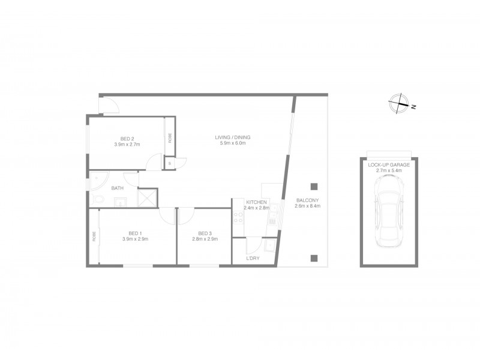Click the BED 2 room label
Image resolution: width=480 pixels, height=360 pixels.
pyautogui.click(x=127, y=139)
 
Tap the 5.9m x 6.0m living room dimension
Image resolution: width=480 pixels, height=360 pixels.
pyautogui.click(x=233, y=144)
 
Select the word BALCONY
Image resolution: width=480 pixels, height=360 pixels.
pyautogui.click(x=307, y=200)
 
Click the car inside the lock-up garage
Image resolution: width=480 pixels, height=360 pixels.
pyautogui.click(x=389, y=212)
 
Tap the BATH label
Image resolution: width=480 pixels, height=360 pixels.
pyautogui.click(x=118, y=188)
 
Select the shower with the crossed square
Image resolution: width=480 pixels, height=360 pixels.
pyautogui.click(x=148, y=198)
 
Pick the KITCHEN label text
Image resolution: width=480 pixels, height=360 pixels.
pyautogui.click(x=256, y=202)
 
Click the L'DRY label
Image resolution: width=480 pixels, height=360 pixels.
pyautogui.click(x=253, y=259)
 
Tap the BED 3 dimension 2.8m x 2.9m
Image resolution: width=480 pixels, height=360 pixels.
pyautogui.click(x=205, y=239)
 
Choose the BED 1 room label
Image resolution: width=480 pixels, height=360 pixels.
pyautogui.click(x=135, y=233)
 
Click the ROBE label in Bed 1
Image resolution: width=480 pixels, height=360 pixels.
pyautogui.click(x=95, y=236)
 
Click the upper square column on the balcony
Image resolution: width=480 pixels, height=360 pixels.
pyautogui.click(x=313, y=185)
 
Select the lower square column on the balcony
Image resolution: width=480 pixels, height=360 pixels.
pyautogui.click(x=313, y=259)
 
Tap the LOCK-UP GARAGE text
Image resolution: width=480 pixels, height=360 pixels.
pyautogui.click(x=389, y=164)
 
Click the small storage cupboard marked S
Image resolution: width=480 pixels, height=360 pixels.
pyautogui.click(x=170, y=163)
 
